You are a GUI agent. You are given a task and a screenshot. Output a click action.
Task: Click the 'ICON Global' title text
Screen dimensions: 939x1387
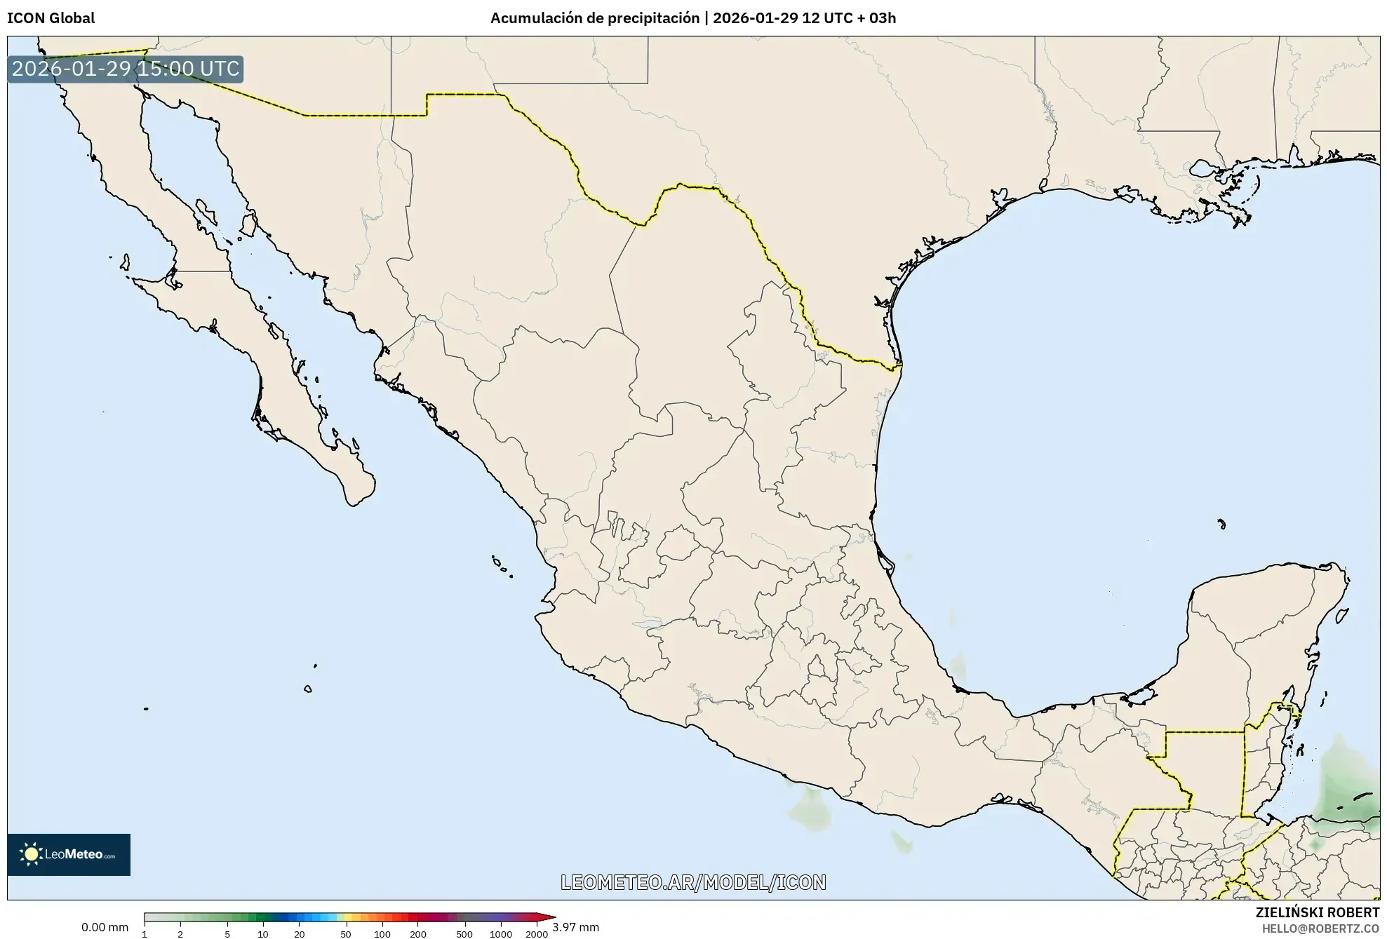tap(51, 18)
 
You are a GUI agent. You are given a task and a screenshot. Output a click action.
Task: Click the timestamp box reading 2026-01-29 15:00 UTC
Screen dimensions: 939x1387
tap(126, 69)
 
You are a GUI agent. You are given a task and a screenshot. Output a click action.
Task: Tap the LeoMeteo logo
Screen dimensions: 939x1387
tap(69, 854)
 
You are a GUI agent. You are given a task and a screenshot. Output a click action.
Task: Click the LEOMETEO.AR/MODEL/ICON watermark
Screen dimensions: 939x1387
tap(693, 882)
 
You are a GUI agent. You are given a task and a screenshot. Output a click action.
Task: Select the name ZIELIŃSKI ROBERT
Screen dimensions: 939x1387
tap(1317, 912)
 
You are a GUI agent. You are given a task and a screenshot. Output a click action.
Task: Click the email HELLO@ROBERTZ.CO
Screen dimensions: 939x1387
tap(1320, 928)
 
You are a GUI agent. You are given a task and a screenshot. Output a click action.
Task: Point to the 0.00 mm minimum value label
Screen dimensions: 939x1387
tap(105, 927)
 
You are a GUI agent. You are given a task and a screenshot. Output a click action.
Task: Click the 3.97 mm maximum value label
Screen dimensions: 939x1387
tap(575, 927)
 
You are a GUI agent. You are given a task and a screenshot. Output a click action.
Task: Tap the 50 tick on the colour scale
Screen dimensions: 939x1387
tap(345, 934)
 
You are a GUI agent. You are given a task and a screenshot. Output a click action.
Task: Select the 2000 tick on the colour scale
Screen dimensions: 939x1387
tap(537, 934)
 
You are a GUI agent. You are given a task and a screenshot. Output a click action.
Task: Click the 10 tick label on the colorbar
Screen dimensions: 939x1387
tap(263, 934)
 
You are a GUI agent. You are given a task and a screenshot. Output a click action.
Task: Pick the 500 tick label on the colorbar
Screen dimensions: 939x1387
tap(464, 934)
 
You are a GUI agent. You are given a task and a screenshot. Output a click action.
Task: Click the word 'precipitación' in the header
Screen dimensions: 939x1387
tap(643, 18)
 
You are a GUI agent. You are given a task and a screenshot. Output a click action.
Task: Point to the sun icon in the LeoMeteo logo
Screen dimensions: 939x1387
tap(31, 854)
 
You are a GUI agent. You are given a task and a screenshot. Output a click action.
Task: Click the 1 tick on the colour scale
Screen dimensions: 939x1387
tap(145, 934)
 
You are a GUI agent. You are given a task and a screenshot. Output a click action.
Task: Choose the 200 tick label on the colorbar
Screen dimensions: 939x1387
tap(418, 934)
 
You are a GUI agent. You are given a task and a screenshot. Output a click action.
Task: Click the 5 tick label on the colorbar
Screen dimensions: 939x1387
tap(227, 934)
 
